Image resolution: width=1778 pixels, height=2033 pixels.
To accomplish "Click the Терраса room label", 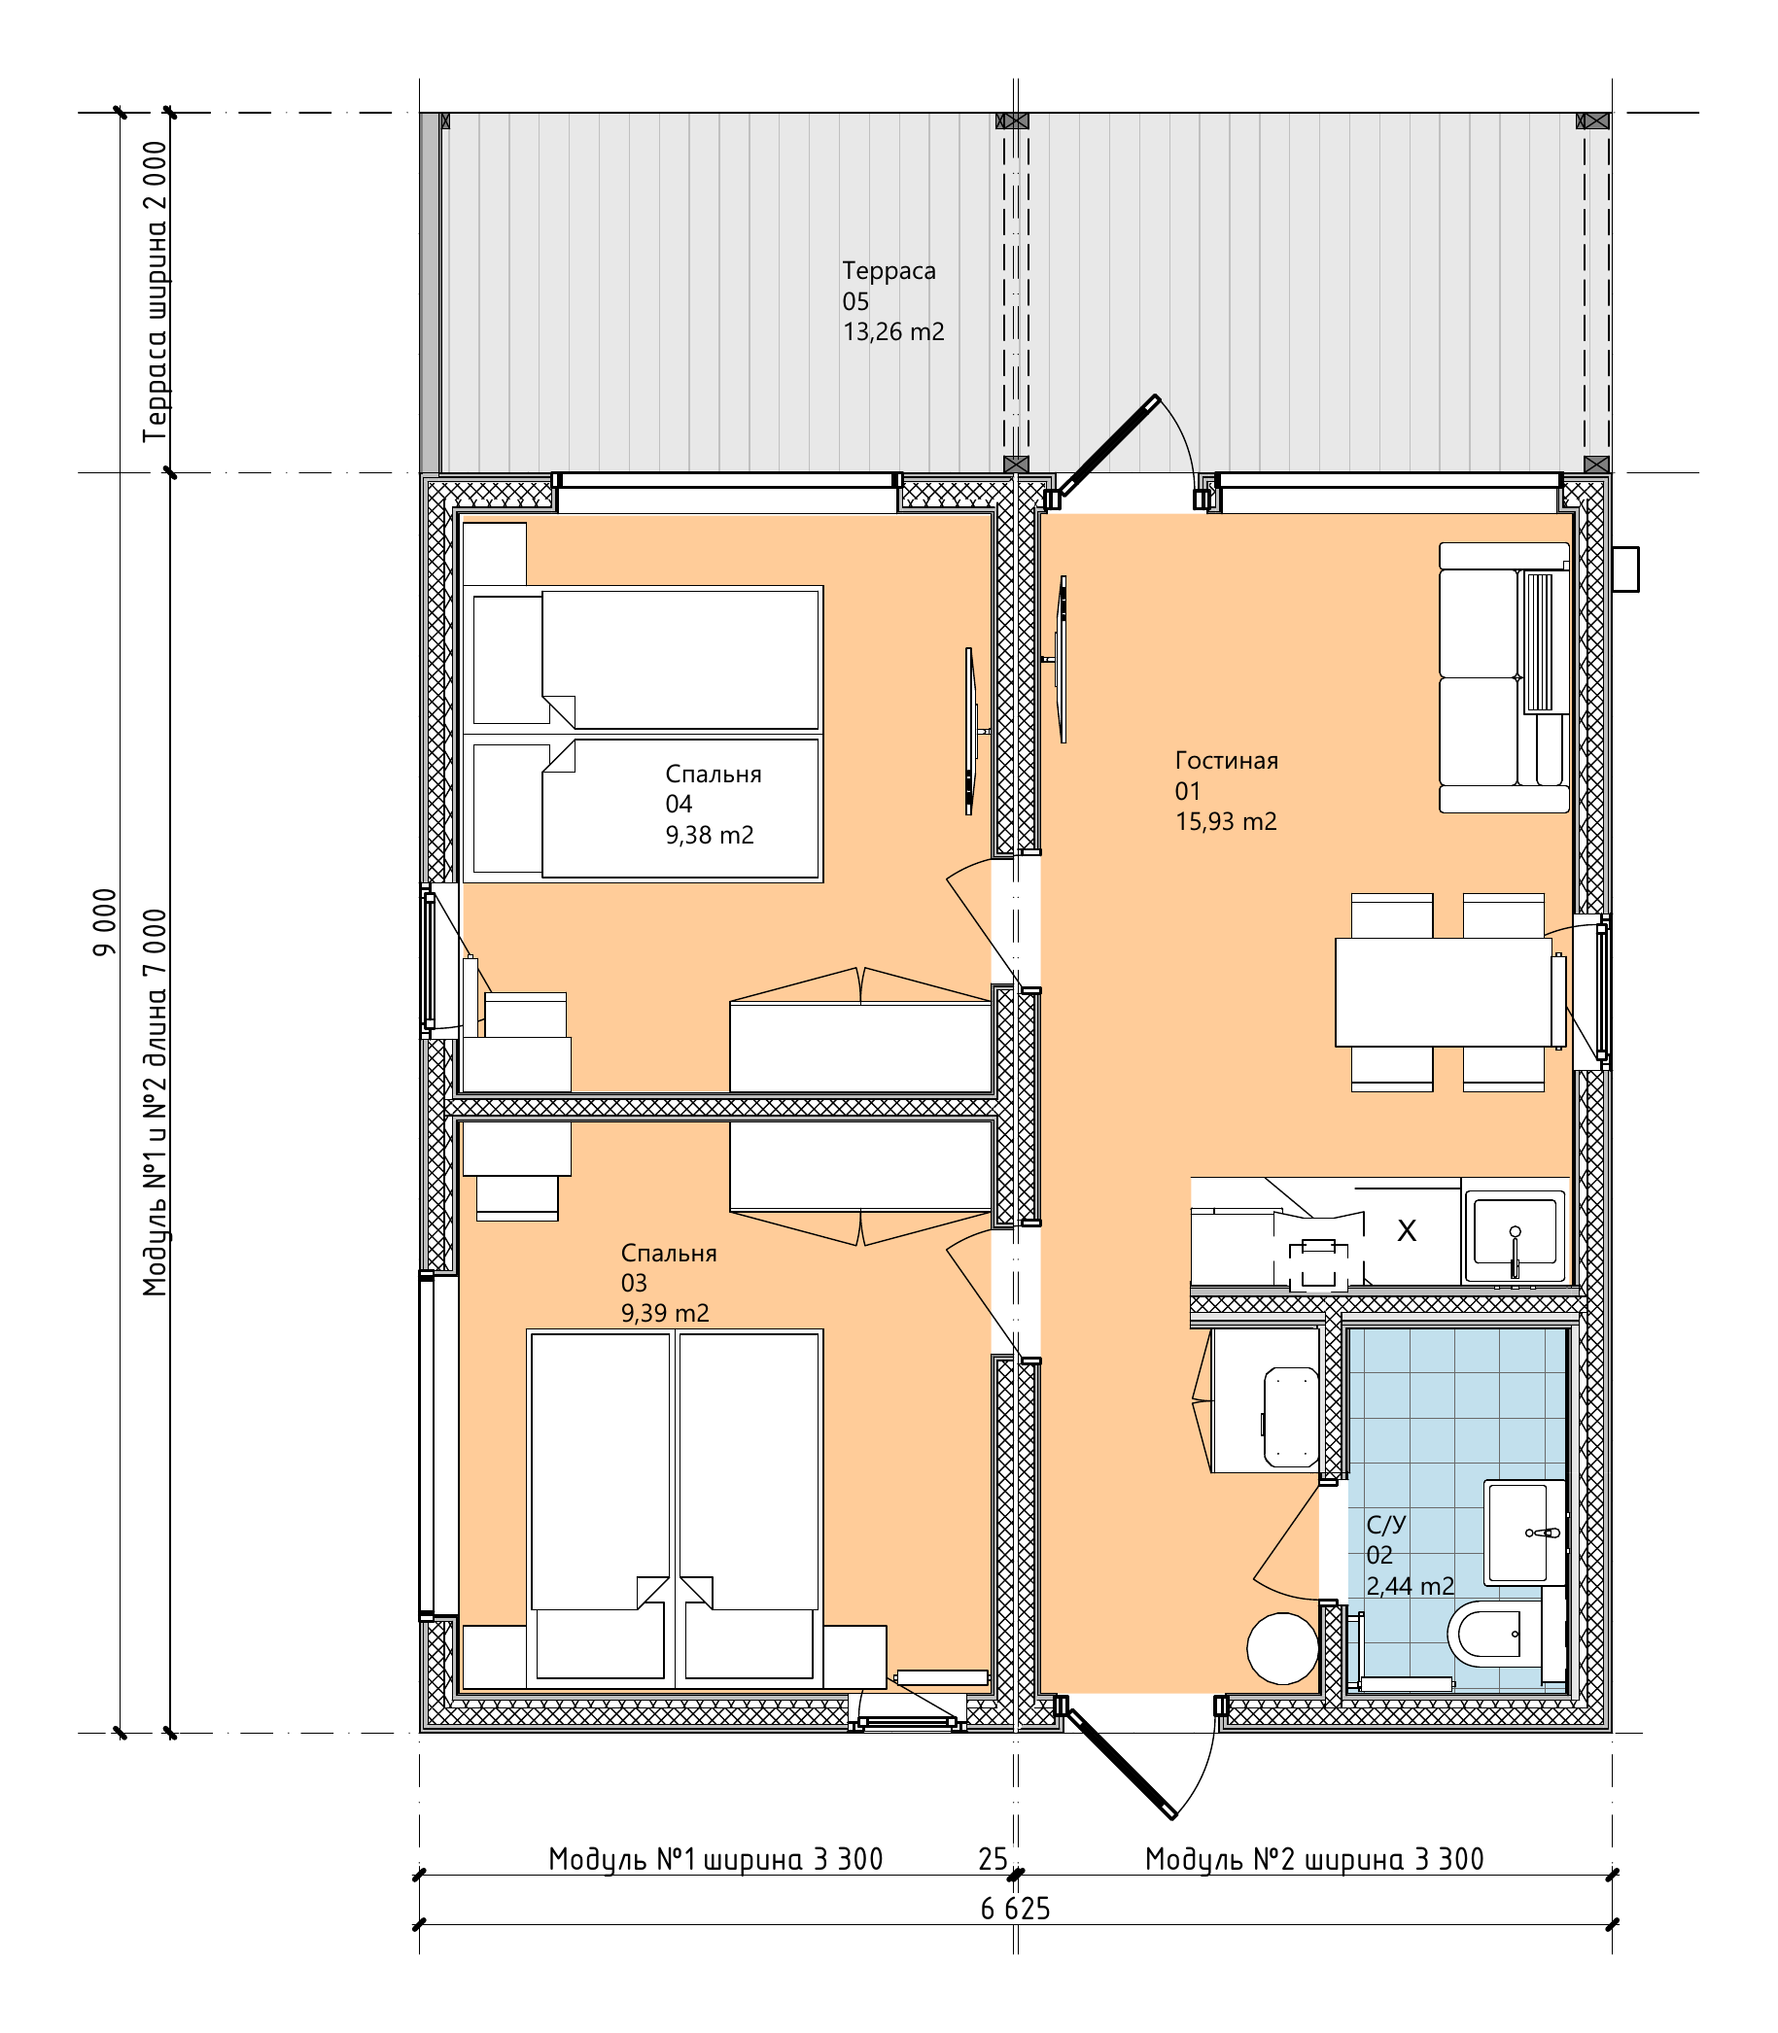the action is tap(888, 271).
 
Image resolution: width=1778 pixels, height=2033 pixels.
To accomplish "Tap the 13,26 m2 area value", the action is tap(893, 331).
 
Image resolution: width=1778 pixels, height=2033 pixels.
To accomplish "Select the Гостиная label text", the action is tap(1227, 761).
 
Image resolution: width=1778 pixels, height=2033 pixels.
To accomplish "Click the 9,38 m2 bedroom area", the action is tap(710, 835).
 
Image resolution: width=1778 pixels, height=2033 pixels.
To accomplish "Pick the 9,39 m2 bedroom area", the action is tap(665, 1313).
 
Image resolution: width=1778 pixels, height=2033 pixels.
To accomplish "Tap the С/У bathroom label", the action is tap(1386, 1524).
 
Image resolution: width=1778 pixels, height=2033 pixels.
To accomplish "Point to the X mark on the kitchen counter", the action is tap(1407, 1230).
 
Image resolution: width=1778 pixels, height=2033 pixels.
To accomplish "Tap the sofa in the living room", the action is tap(1504, 677).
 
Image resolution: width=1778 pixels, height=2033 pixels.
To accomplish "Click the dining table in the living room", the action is tap(1444, 991).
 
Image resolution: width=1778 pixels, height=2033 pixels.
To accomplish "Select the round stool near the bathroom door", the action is tap(1283, 1649).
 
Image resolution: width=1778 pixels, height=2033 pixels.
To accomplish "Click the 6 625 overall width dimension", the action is tap(1015, 1909).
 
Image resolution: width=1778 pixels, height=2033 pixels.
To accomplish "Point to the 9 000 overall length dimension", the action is tap(104, 922).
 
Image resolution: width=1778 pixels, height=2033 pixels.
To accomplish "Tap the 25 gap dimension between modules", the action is tap(993, 1859).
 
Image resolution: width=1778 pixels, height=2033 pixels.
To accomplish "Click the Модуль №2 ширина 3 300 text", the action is tap(1314, 1858).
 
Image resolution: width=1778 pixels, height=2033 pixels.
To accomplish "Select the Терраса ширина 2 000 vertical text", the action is tap(156, 292).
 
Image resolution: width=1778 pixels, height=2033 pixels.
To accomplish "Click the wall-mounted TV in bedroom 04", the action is tap(972, 731).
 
